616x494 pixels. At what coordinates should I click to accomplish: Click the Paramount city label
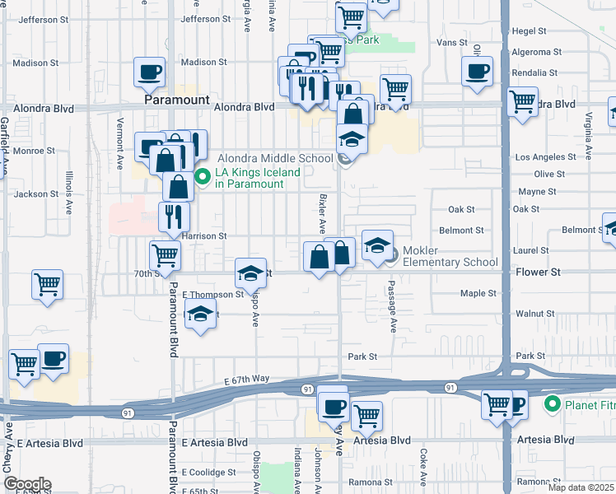pos(176,100)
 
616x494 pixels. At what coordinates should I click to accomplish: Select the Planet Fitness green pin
pos(553,404)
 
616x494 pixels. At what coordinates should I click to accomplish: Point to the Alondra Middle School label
pos(274,159)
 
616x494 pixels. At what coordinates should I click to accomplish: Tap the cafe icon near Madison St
pos(148,74)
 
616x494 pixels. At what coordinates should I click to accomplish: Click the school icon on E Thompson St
pos(250,273)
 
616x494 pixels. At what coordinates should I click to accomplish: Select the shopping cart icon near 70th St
pos(165,256)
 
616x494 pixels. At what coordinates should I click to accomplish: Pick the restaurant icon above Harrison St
pos(174,217)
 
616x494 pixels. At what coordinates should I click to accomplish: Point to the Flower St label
pos(538,271)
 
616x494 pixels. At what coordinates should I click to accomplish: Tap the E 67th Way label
pos(247,380)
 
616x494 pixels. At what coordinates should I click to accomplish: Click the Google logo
pos(27,484)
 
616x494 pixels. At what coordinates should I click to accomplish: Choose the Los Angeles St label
pos(545,157)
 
